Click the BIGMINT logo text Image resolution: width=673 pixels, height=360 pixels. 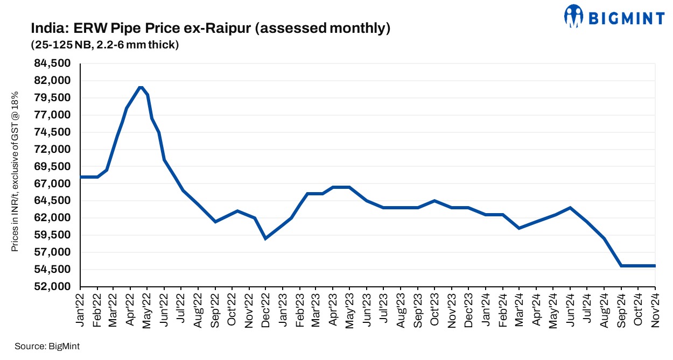[x=625, y=19]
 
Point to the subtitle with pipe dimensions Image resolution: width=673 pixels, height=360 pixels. [x=104, y=45]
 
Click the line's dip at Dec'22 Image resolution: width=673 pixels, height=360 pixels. [x=265, y=238]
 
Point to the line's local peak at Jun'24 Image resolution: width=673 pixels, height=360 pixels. [x=571, y=207]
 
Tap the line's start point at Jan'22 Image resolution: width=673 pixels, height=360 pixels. [x=81, y=177]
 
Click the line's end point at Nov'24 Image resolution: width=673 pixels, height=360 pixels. [x=655, y=266]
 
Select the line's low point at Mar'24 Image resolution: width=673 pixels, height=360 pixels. [x=519, y=228]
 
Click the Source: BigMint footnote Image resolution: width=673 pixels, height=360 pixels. [x=47, y=346]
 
